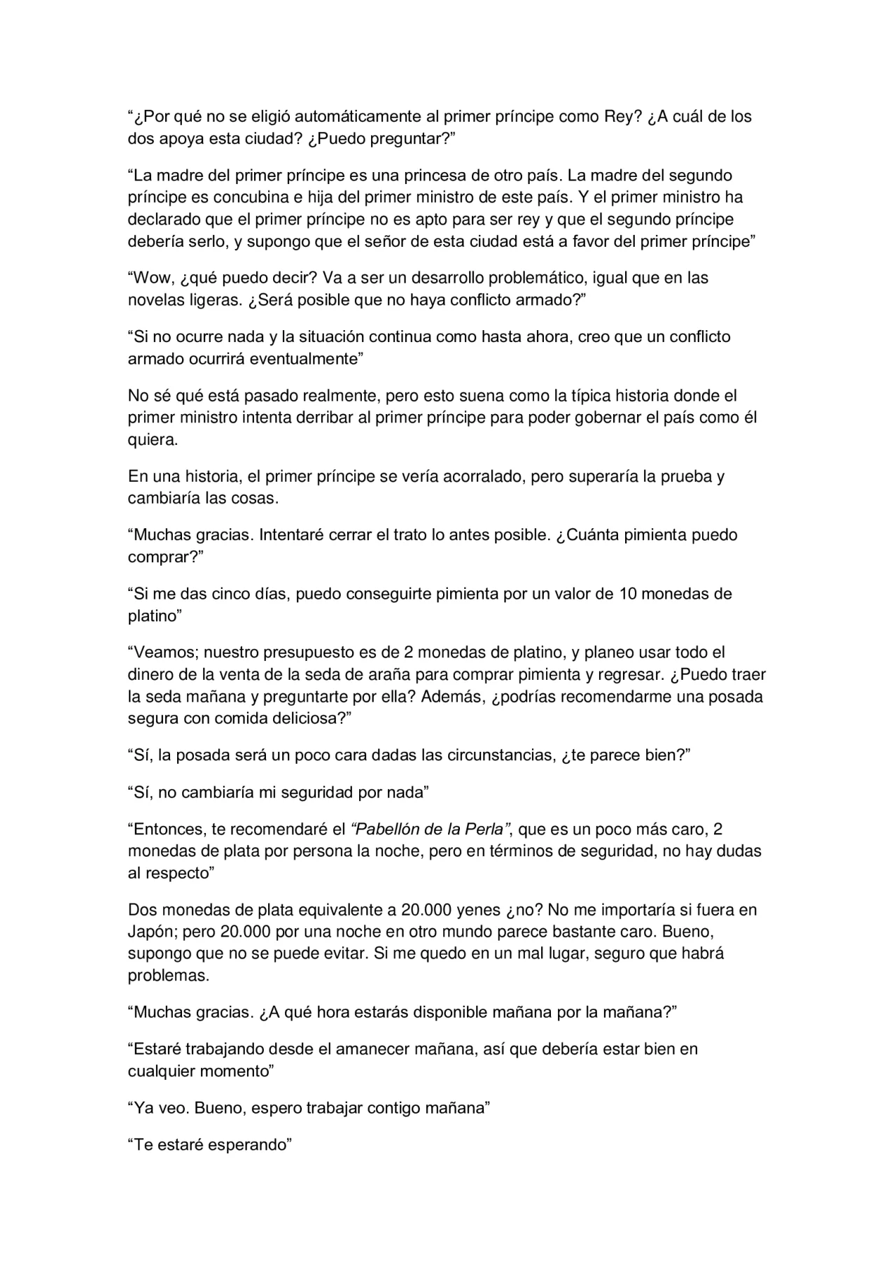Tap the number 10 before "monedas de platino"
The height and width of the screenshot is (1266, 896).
click(x=628, y=594)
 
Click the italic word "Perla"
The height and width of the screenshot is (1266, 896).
click(x=483, y=830)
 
